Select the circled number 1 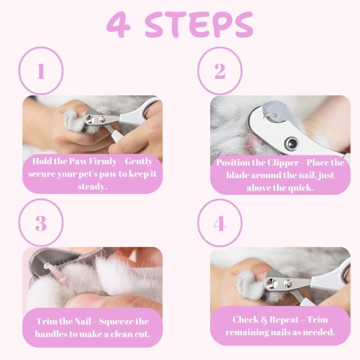(x=41, y=71)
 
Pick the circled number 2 (x=220, y=71)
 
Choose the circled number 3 (x=41, y=223)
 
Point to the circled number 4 (x=220, y=223)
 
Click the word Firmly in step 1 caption (x=103, y=162)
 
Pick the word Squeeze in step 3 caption (x=116, y=322)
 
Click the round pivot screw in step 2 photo (x=291, y=143)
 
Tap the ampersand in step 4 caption (x=264, y=320)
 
